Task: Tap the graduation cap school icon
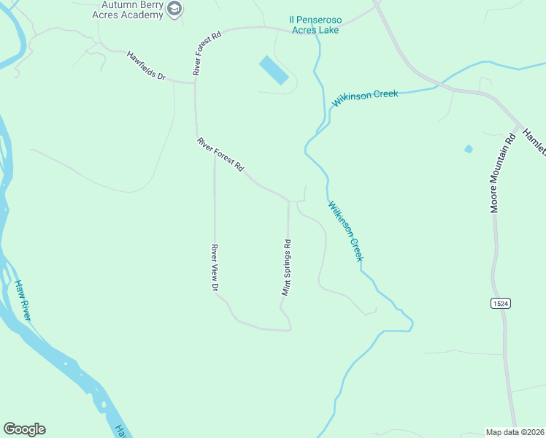(x=174, y=9)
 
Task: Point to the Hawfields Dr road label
(x=146, y=66)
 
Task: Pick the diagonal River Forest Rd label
(x=220, y=154)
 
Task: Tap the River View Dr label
(x=215, y=269)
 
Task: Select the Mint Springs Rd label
(x=287, y=268)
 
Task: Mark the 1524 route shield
(x=500, y=303)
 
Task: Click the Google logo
(x=24, y=429)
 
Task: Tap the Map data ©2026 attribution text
(x=515, y=431)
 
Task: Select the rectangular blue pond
(x=274, y=71)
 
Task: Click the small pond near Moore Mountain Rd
(x=469, y=149)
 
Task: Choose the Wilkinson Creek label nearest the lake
(x=365, y=98)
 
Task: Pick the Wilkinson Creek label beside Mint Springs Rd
(x=345, y=231)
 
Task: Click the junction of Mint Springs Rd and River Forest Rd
(x=288, y=201)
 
